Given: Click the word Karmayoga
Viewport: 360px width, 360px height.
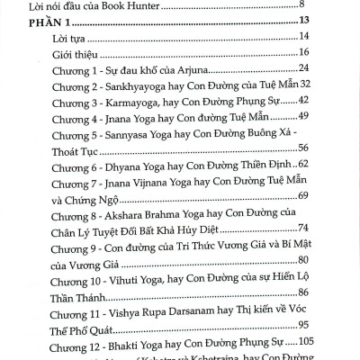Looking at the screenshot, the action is (x=151, y=103).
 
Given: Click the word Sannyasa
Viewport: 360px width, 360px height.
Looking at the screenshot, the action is (x=149, y=138).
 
